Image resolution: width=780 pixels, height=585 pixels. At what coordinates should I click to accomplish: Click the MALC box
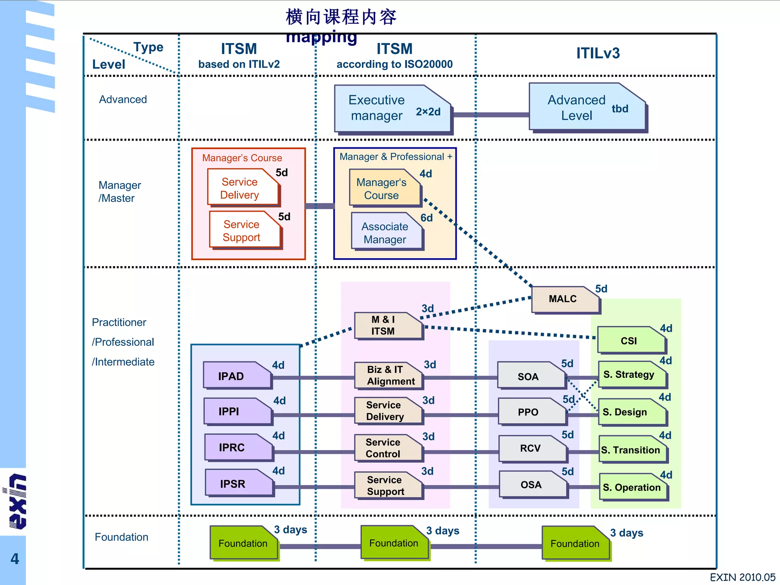(x=564, y=299)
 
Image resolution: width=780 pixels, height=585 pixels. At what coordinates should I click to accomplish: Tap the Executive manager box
(x=392, y=109)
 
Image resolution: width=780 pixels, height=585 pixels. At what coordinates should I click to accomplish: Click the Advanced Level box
(x=587, y=108)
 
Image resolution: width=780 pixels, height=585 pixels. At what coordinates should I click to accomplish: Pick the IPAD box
(x=236, y=376)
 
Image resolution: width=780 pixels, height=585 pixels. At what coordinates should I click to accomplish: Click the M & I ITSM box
(x=387, y=326)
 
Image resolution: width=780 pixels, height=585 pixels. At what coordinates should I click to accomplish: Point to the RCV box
(x=531, y=448)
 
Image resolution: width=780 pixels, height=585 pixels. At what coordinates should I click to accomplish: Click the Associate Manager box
(x=385, y=233)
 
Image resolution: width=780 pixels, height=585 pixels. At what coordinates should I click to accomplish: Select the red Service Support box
(x=244, y=231)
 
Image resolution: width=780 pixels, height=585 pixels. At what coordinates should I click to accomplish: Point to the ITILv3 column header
(x=598, y=53)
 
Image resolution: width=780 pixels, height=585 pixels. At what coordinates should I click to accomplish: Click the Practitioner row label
(x=119, y=323)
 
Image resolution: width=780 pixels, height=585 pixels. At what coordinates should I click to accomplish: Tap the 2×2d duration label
(x=428, y=112)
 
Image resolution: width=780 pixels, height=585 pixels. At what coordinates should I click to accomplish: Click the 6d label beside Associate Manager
(x=427, y=218)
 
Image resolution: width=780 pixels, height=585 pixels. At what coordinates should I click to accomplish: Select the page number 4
(x=14, y=559)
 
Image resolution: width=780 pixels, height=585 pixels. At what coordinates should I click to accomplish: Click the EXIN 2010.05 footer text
(x=742, y=577)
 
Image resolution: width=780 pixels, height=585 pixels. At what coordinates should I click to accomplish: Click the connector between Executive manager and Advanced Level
(x=491, y=115)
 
